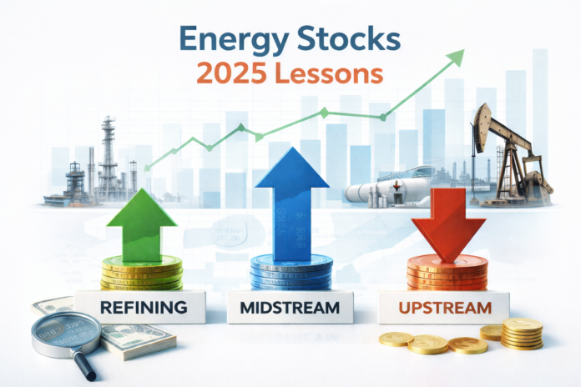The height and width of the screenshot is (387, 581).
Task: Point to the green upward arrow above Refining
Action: pyautogui.click(x=142, y=221)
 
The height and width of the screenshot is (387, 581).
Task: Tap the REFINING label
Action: pyautogui.click(x=142, y=307)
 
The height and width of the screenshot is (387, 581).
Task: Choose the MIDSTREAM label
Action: pyautogui.click(x=288, y=307)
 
